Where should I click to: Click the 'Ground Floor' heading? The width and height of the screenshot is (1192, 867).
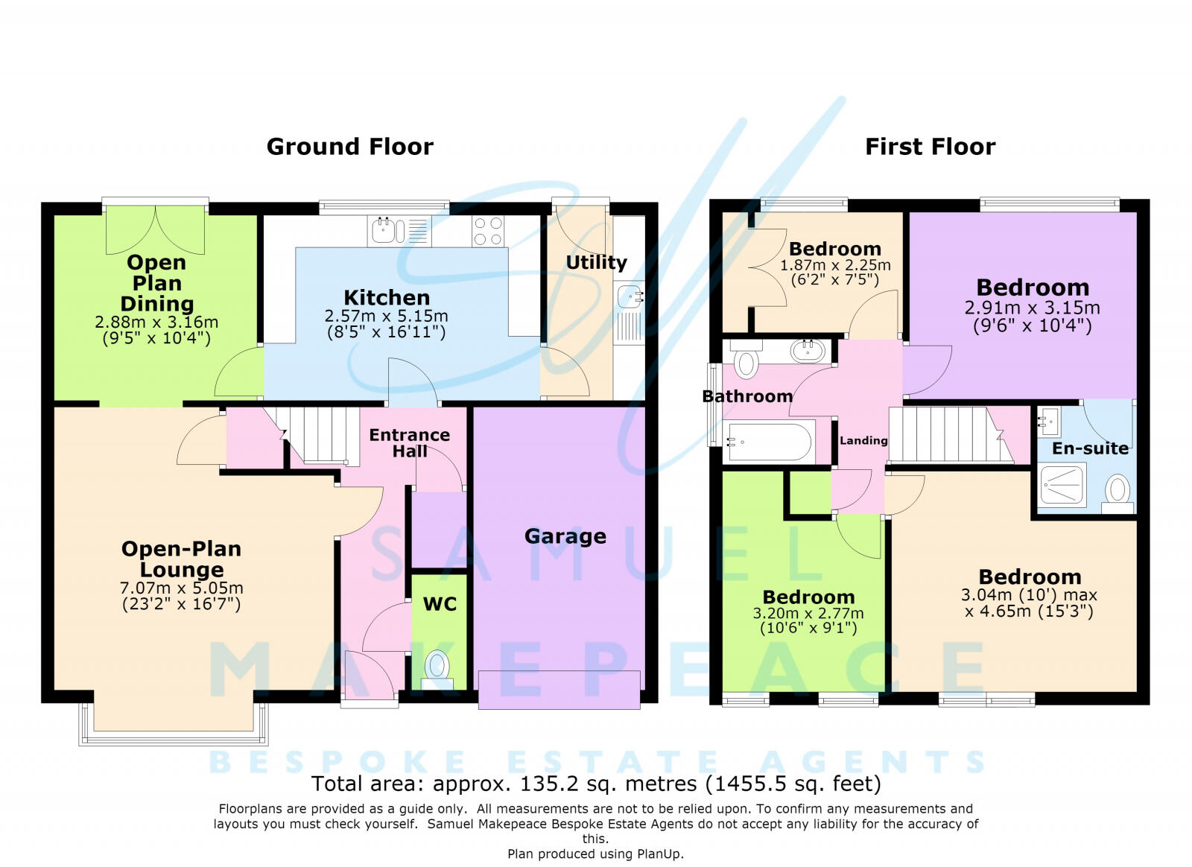click(x=349, y=147)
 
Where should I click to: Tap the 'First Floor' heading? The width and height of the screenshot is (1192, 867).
click(x=931, y=147)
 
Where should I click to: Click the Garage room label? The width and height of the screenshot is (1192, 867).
click(x=565, y=537)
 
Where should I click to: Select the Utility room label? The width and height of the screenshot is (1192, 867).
click(x=596, y=262)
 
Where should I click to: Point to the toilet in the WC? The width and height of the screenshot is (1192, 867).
click(x=437, y=669)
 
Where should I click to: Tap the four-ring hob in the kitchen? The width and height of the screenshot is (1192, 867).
click(x=488, y=232)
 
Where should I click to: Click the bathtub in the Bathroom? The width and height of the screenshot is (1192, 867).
click(x=768, y=441)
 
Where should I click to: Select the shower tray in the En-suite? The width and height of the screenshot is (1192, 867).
click(x=1062, y=485)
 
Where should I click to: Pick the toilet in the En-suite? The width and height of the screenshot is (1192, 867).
click(x=1117, y=493)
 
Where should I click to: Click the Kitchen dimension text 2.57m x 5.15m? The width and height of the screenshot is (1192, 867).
click(x=387, y=316)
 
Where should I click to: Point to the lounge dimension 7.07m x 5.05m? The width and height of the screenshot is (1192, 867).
click(x=182, y=588)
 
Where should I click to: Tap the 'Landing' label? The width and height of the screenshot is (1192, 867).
click(x=863, y=440)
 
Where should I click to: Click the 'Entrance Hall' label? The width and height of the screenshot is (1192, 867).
click(x=409, y=443)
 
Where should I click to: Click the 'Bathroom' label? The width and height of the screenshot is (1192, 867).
click(x=747, y=396)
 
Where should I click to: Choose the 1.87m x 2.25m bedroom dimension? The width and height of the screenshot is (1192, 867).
click(x=835, y=265)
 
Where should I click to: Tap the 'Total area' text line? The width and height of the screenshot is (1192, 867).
click(x=596, y=784)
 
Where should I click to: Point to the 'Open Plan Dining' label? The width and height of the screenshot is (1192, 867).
click(x=156, y=283)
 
